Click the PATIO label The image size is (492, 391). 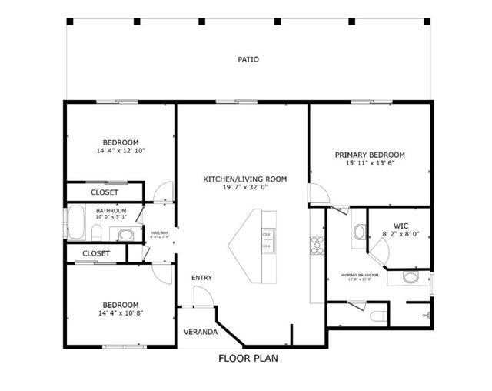248,58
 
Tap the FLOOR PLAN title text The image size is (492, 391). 248,358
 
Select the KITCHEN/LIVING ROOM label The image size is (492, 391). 244,179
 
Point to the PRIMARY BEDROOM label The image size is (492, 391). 370,155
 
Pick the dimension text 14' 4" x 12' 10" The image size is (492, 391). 121,151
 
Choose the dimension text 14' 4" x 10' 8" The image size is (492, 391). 121,313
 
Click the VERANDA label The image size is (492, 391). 199,333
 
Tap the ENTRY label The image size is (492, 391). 202,278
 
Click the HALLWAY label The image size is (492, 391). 159,233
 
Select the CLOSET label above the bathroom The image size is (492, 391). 105,192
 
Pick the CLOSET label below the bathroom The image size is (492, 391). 96,253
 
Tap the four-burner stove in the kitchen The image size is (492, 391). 316,244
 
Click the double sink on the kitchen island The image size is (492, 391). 267,240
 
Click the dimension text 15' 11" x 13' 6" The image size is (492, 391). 370,164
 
